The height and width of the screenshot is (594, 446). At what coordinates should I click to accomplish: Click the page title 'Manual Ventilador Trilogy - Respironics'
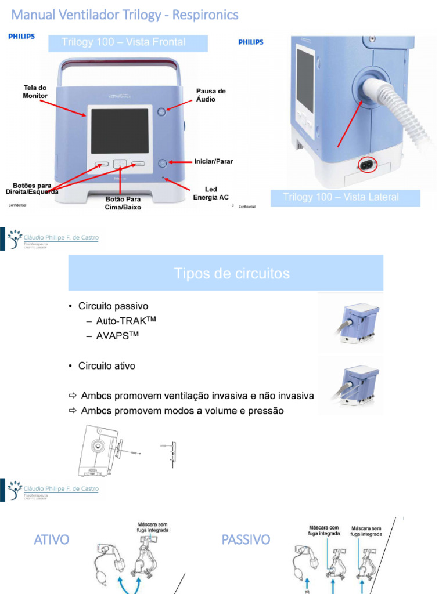pos(125,15)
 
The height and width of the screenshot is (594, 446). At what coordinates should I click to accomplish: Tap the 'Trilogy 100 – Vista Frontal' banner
pos(124,42)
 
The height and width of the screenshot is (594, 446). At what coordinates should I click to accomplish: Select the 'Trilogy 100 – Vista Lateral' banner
pos(340,197)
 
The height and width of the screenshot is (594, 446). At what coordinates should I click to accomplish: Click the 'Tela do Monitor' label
pos(35,91)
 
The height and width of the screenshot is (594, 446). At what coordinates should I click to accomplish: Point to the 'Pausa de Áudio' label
pos(211,95)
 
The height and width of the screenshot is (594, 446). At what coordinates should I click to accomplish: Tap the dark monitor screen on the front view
pos(120,131)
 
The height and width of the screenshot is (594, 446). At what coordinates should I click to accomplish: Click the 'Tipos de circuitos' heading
pos(232,273)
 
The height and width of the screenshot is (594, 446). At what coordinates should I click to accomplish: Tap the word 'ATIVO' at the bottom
pos(51,539)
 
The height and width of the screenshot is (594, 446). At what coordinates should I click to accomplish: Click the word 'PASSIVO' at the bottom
pos(246,539)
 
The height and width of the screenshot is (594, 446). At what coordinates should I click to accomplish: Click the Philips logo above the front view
pos(21,37)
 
